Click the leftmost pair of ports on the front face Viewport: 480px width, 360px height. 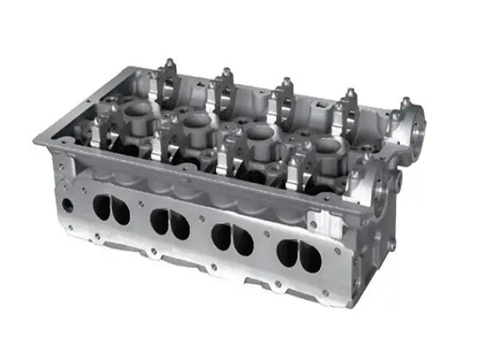(111, 209)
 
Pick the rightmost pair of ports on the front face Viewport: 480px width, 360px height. (298, 255)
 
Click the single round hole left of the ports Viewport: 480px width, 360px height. (66, 206)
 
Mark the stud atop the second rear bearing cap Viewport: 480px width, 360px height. (226, 73)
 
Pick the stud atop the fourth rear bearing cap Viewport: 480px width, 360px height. (349, 94)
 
